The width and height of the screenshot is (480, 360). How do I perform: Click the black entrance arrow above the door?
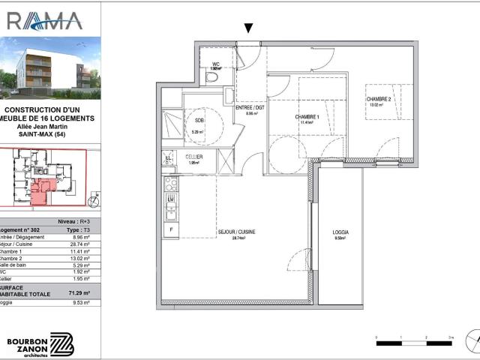pyautogui.click(x=249, y=28)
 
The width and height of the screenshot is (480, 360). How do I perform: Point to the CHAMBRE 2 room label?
pyautogui.click(x=379, y=100)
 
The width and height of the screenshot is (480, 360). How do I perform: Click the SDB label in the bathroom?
pyautogui.click(x=199, y=121)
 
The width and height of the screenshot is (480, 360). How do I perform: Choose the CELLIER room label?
pyautogui.click(x=194, y=157)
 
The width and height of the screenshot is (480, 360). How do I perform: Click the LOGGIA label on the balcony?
pyautogui.click(x=340, y=233)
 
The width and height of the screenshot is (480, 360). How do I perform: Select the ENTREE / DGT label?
pyautogui.click(x=250, y=108)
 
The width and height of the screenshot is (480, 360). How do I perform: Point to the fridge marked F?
pyautogui.click(x=172, y=229)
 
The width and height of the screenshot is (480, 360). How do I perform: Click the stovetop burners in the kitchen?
pyautogui.click(x=170, y=184)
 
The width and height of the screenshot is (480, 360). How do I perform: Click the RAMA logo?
pyautogui.click(x=45, y=19)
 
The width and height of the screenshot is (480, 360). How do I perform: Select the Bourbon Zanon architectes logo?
pyautogui.click(x=41, y=340)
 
